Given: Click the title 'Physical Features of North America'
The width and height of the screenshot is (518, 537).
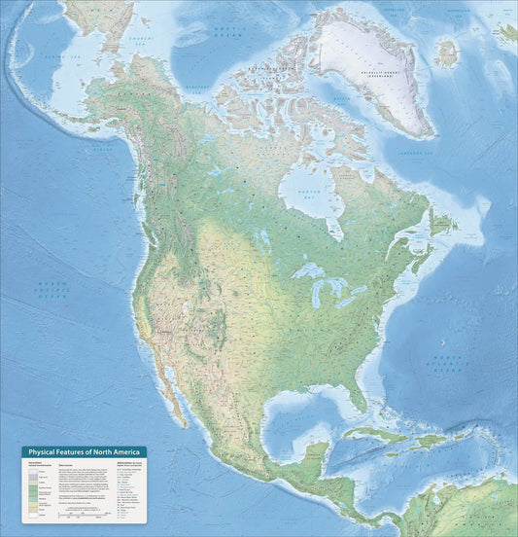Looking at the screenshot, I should (x=84, y=451).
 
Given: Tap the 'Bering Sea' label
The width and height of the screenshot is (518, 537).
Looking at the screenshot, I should (x=45, y=58).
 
